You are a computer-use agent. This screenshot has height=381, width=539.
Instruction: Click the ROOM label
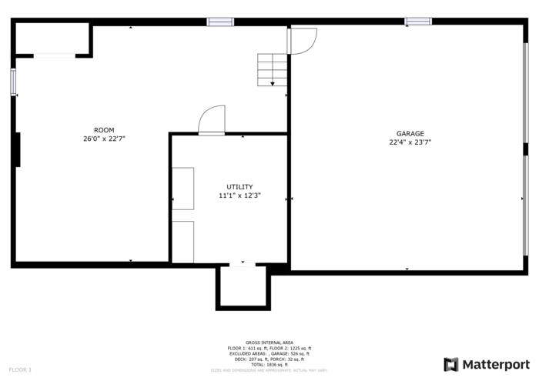(x=104, y=130)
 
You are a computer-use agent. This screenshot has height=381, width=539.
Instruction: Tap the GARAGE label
(x=410, y=133)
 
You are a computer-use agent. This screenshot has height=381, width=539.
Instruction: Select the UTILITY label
(x=239, y=187)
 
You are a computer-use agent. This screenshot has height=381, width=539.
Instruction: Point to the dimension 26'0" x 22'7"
(x=104, y=139)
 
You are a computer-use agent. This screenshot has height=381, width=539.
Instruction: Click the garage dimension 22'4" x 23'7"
(x=410, y=142)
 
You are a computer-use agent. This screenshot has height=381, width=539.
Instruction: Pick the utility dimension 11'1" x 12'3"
(x=239, y=196)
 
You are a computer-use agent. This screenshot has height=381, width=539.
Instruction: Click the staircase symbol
(x=273, y=70)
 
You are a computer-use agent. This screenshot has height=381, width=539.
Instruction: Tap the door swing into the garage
(x=302, y=41)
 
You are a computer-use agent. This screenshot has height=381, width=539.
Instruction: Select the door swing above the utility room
(x=212, y=120)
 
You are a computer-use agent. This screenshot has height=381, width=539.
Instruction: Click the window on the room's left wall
(x=13, y=82)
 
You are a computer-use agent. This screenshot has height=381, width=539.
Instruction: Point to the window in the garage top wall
(x=418, y=22)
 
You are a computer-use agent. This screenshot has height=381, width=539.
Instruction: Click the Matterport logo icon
(x=451, y=364)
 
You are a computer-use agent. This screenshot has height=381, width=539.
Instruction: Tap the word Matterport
(x=496, y=364)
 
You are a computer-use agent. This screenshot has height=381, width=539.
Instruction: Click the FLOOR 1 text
(x=21, y=370)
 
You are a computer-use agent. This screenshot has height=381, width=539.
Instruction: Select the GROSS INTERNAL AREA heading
(x=269, y=343)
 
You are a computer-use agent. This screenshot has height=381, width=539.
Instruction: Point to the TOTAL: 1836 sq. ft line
(x=269, y=364)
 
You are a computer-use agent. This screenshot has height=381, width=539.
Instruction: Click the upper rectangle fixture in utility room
(x=182, y=188)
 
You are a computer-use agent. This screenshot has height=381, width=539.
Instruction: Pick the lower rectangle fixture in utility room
(x=182, y=242)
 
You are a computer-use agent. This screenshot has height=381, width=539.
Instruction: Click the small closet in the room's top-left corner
(x=52, y=38)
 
